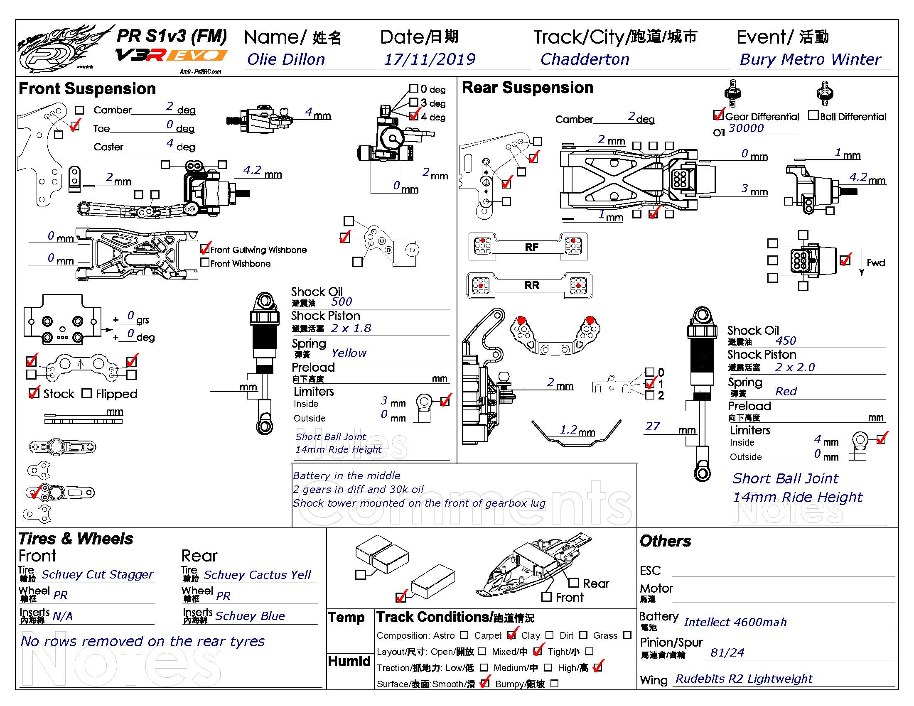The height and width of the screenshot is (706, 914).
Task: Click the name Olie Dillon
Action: coord(286,59)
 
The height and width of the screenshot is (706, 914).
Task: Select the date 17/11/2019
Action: coord(430,59)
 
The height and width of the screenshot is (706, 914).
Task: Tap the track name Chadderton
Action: coord(585,59)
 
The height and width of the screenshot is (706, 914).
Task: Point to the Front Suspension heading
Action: coord(87,89)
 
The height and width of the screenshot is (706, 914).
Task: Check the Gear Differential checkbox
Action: coord(718,115)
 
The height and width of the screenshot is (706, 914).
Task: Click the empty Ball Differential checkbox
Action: coord(813,115)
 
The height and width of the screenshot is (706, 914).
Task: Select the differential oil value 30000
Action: coord(746,128)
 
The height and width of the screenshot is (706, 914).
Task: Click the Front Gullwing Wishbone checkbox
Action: coord(205,249)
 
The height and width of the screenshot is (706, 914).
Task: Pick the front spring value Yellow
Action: coord(349,353)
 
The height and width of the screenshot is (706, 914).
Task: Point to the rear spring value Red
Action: coord(786,391)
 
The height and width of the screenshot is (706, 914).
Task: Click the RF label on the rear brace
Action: coord(531,248)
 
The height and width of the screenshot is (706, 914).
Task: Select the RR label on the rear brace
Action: coord(531,285)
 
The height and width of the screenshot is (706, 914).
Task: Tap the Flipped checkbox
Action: coord(87,394)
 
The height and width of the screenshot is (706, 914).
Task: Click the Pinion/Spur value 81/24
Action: coord(727,652)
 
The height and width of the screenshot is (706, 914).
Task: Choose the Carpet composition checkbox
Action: coord(511,635)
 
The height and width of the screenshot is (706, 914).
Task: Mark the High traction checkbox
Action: coord(598,667)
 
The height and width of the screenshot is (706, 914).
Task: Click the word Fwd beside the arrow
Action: coord(876,262)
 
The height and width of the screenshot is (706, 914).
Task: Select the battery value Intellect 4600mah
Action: coord(735,623)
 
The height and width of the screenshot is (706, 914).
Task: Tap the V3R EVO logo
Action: coord(172,55)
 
